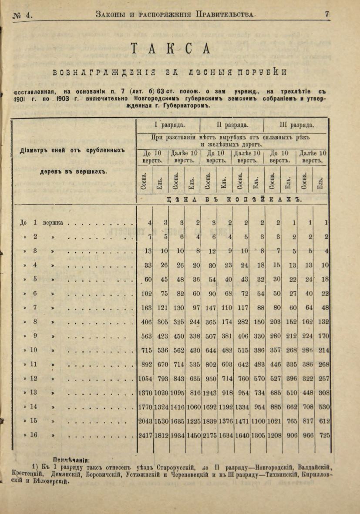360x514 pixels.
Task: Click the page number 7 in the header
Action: [327, 14]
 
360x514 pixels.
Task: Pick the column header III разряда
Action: [297, 125]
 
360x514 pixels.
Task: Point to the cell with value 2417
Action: [145, 435]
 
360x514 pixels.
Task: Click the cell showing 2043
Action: [145, 421]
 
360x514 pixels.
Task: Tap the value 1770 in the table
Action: [145, 406]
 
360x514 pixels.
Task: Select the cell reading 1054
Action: [145, 379]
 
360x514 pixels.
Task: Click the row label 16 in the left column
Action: [34, 435]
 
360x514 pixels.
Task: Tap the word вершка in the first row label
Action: [53, 222]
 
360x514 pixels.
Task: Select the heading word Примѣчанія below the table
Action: [71, 459]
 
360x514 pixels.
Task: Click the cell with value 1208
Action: [274, 435]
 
